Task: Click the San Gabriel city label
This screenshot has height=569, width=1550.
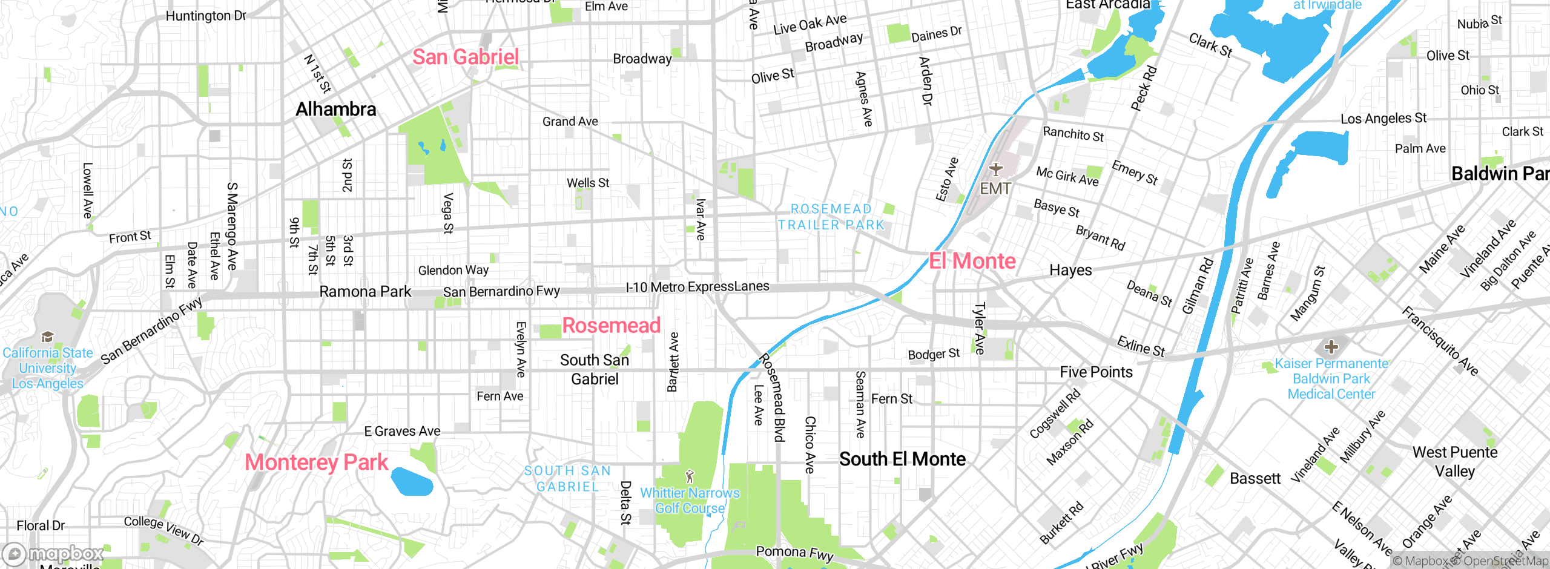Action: coord(466,58)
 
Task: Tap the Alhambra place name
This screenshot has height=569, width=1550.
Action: coord(336,110)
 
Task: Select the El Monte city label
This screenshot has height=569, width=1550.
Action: coord(972,261)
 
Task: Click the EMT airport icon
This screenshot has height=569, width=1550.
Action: coord(996,169)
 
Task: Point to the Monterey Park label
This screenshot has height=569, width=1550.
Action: coord(316,462)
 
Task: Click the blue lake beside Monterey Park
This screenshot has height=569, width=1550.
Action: coord(412,482)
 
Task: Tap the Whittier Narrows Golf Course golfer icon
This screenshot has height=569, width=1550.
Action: coord(689,476)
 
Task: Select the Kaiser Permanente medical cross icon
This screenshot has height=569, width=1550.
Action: coord(1331,347)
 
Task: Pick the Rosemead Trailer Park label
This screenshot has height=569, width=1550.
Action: coord(831,217)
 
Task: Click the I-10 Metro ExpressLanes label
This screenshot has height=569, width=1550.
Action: coord(697,287)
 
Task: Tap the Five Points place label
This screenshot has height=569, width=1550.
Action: coord(1096,372)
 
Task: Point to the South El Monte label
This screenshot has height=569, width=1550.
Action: coord(902,459)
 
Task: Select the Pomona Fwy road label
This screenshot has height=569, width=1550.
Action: coord(794,553)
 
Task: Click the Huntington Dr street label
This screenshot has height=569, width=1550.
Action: coord(206,16)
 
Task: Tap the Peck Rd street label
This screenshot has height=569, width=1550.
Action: coord(1144,88)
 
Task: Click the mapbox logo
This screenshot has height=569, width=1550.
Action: coord(53,553)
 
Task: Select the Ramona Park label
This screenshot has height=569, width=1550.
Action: coord(365,292)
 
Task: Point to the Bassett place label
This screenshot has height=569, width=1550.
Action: coord(1255,479)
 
